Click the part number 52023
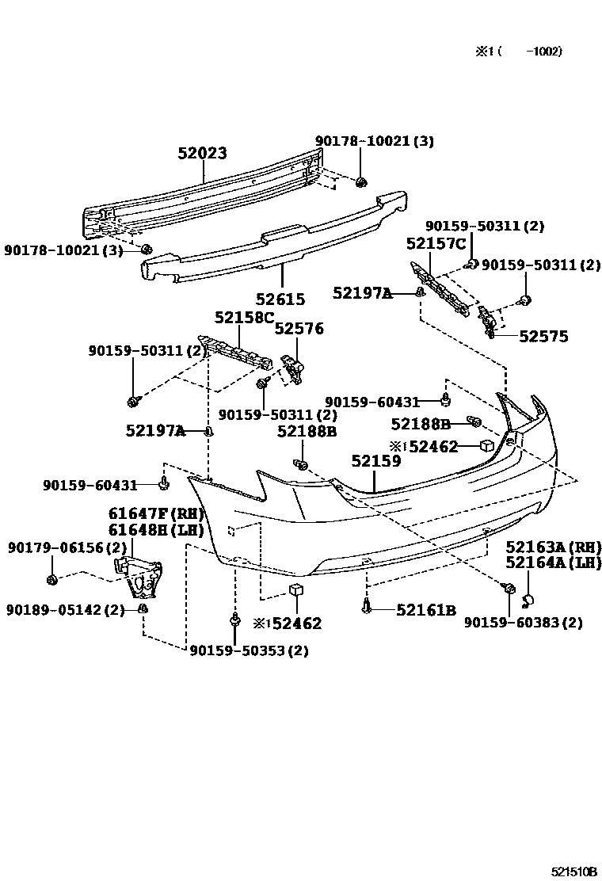point(202,154)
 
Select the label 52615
point(280,299)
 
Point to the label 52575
point(543,337)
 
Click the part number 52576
point(299,329)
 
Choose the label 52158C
point(243,318)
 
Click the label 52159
point(376,461)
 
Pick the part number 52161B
point(425,610)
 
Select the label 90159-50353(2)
point(249,651)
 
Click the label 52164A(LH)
point(554,563)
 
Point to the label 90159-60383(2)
point(523,623)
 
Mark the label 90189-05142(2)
point(66,610)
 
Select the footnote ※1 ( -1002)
point(518,51)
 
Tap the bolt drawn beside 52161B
point(365,607)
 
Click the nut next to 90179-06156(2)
point(51,581)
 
